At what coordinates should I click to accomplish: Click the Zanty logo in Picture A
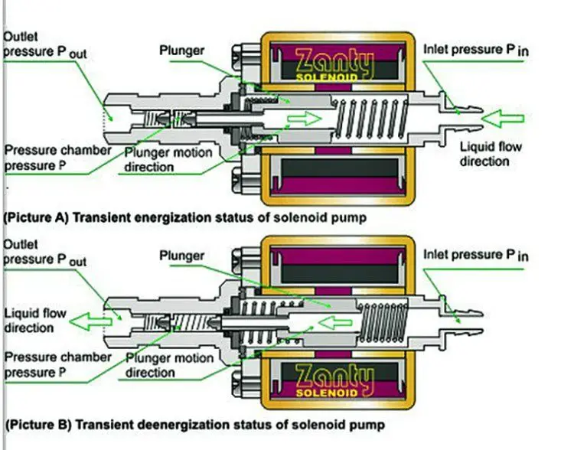point(334,65)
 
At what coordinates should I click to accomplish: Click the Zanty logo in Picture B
point(334,381)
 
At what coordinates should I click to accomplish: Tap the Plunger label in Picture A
point(181,51)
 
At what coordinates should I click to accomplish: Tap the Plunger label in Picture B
point(181,256)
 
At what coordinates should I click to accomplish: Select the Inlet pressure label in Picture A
point(476,50)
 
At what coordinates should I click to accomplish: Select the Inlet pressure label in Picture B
point(476,255)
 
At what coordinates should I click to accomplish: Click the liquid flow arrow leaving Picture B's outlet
point(90,321)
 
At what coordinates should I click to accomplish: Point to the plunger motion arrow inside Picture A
point(304,119)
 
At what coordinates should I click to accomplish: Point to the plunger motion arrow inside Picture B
point(335,323)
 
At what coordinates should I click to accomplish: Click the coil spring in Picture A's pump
point(370,119)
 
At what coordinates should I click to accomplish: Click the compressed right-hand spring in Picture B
point(383,323)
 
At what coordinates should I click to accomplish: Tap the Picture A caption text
point(185,217)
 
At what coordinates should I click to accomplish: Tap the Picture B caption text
point(194,425)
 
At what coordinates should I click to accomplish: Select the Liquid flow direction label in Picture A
point(491,154)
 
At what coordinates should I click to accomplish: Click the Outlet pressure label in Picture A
point(44,44)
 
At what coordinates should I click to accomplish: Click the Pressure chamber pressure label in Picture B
point(57,365)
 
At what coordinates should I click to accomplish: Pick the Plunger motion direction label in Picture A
point(168,160)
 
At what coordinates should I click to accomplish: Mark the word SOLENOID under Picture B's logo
point(327,393)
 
